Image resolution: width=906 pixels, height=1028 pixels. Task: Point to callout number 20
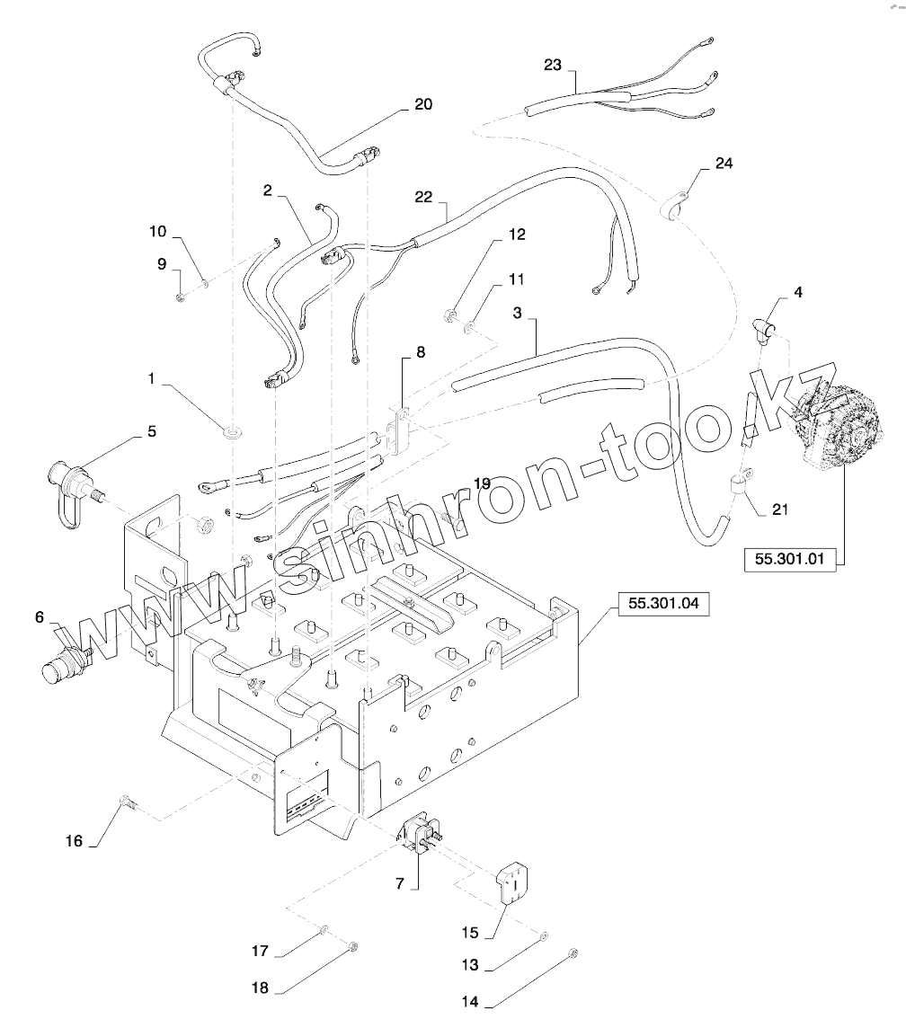tap(423, 105)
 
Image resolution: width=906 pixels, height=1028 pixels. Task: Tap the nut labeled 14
tap(573, 953)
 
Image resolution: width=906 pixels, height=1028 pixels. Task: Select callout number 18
tap(260, 987)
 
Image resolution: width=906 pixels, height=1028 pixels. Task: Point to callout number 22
tap(424, 197)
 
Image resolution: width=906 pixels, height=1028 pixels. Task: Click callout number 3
tap(517, 313)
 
